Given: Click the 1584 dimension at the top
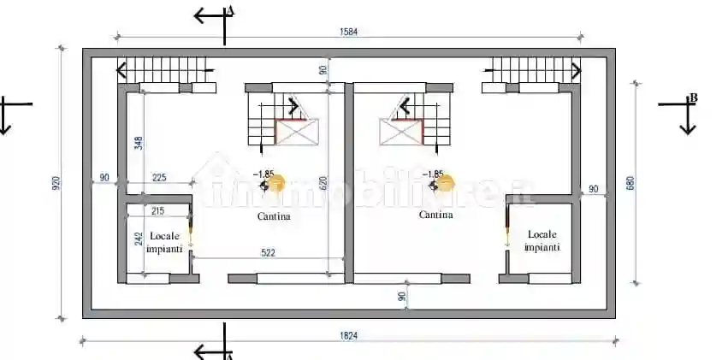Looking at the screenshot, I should pos(348,32).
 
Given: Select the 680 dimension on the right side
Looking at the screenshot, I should pos(630,183).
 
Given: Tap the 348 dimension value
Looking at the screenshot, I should pos(138,143).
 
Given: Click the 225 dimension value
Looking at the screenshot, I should pos(159,178).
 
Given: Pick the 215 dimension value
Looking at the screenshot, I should pos(157,210).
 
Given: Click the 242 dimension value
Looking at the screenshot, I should pos(138,241).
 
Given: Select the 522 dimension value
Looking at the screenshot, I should pos(267,252).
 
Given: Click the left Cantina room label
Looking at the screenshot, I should pos(274,216).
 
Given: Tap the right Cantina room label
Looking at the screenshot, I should pos(436,215).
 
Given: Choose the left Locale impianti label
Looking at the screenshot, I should pos(163,242).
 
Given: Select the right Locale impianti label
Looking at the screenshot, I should pos(542,240).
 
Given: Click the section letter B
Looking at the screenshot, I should pos(693,98).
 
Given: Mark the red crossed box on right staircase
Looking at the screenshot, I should pos(401,133).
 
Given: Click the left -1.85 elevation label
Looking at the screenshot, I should pos(263,174).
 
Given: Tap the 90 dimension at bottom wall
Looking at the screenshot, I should pos(402,296).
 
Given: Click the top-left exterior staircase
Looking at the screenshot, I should pos(165,68).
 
